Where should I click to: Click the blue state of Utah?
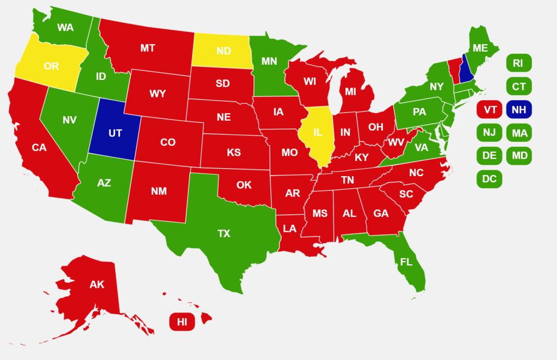[x=115, y=133]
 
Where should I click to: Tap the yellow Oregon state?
[x=51, y=66]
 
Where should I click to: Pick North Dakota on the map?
[x=224, y=51]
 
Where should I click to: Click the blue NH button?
[x=518, y=110]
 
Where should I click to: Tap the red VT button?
[x=489, y=110]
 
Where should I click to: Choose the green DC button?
[x=489, y=178]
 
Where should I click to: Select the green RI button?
[x=518, y=63]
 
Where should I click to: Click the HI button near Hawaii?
[x=182, y=322]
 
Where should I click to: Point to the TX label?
[x=224, y=234]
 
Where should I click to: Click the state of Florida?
[x=406, y=262]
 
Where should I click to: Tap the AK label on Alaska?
[x=97, y=284]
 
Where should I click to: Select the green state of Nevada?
[x=69, y=120]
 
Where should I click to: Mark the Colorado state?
[x=168, y=142]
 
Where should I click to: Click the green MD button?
[x=518, y=156]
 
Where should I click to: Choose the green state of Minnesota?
[x=269, y=61]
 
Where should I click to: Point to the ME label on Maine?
[x=480, y=48]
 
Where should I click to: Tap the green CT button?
[x=518, y=86]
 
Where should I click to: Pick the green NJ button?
[x=489, y=133]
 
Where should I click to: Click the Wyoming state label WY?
[x=158, y=94]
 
